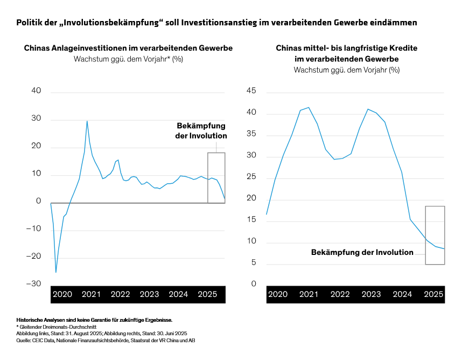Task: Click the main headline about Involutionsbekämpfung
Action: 216,23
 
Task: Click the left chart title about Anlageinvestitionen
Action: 128,48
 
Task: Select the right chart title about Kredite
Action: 346,53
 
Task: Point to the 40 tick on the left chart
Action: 36,91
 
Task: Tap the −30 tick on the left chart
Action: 34,284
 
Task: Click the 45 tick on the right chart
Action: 250,91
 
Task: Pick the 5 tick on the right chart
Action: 253,263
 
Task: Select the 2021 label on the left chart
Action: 91,294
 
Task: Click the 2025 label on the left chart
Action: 207,294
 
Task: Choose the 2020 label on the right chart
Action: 278,294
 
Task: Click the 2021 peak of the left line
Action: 87,121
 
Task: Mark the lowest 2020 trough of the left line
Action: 56,272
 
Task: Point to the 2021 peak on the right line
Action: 309,107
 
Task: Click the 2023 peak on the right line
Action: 368,109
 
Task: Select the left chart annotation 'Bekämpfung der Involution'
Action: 201,131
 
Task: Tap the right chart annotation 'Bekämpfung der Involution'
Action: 362,252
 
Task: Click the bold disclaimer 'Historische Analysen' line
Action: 94,320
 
